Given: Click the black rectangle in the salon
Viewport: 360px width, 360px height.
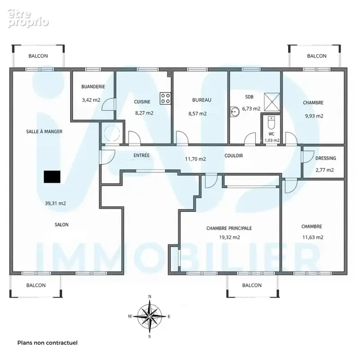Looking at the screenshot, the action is click(x=52, y=177).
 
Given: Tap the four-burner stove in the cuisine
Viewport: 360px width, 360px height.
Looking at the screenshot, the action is click(x=165, y=99).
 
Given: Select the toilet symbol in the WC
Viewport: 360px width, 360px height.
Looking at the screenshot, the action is click(x=271, y=122).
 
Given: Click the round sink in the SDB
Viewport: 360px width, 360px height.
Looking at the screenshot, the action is click(x=234, y=112).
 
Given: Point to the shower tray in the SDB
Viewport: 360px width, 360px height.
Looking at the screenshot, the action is click(x=272, y=102).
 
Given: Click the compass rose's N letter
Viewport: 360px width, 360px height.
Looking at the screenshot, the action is click(x=150, y=297).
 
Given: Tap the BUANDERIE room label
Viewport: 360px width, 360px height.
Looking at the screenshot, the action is click(x=93, y=86).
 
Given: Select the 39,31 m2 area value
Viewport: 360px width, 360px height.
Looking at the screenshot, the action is click(x=55, y=203).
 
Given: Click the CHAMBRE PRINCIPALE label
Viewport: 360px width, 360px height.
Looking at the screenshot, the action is click(x=229, y=228).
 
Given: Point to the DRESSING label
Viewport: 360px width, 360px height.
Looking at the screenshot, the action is click(x=325, y=158).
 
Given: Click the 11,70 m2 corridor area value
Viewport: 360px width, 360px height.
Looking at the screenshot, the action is click(x=195, y=159).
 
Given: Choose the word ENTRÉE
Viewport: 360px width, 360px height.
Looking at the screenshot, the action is click(x=141, y=155).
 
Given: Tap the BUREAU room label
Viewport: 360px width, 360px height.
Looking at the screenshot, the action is click(x=202, y=100).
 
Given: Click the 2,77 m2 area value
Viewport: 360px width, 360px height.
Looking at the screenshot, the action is click(x=324, y=170).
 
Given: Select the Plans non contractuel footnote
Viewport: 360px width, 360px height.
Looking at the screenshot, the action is click(x=48, y=343).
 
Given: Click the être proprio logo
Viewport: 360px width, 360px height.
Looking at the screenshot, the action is click(x=28, y=18).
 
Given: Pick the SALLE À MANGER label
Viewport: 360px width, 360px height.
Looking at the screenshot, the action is click(x=44, y=131).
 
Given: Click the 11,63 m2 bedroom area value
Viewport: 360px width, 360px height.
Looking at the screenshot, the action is click(x=313, y=237).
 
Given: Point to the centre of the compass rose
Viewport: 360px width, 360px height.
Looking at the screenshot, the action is click(x=149, y=316).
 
